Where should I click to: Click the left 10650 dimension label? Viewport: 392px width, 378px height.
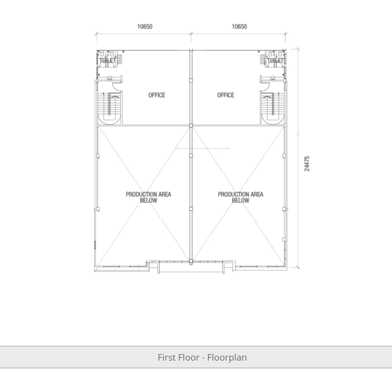coord(145,27)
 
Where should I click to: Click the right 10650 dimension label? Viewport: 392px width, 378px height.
coord(239,27)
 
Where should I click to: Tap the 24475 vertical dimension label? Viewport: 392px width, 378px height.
coord(307,164)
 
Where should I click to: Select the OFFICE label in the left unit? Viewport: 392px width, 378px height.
coord(157,95)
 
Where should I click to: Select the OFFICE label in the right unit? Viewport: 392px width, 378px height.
coord(225,95)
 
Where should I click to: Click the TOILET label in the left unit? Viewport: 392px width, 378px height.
coord(108,61)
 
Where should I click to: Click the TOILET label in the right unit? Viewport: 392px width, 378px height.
coord(275,61)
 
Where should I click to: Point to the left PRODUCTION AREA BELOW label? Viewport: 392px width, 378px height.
coord(148,197)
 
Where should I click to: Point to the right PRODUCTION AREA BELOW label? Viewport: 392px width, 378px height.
coord(241,197)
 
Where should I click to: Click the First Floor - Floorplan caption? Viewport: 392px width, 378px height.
coord(202,357)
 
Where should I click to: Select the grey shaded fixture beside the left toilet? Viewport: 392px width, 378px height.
coord(120,59)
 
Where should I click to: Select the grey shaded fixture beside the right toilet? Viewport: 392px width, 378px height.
coord(263,59)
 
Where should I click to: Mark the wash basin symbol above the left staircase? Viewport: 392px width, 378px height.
coord(110,78)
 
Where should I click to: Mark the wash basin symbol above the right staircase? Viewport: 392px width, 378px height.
coord(272,78)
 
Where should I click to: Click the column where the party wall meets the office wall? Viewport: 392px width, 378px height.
coord(191,126)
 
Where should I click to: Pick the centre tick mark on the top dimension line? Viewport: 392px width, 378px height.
coord(191,34)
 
